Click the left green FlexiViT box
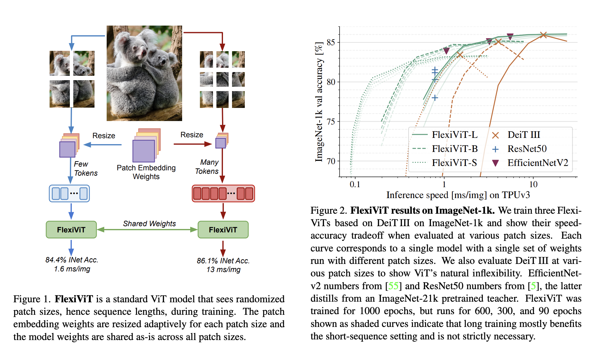[71, 230]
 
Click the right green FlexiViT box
[223, 230]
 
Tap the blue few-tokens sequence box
[69, 193]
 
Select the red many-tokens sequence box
[223, 193]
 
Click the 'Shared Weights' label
[149, 223]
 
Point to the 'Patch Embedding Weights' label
[146, 172]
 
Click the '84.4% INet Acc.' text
[72, 260]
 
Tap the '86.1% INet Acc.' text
[223, 261]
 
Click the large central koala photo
[144, 73]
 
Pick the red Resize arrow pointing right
[192, 144]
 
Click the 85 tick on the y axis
[331, 42]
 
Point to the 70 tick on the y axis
[331, 161]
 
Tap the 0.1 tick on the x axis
[355, 184]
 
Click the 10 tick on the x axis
[533, 184]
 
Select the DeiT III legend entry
[524, 135]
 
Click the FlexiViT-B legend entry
[454, 149]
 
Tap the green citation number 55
[393, 286]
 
